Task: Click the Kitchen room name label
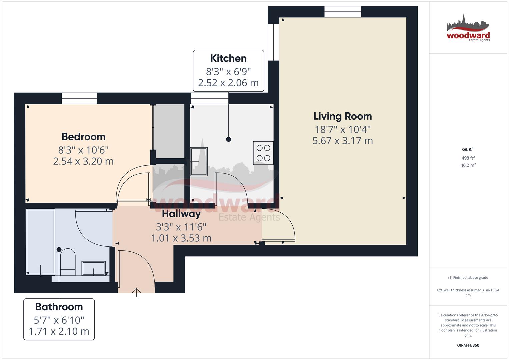[228, 58]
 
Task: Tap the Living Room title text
[343, 116]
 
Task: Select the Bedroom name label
[83, 137]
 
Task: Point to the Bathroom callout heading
[59, 307]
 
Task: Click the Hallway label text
[181, 214]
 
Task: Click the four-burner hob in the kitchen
[263, 153]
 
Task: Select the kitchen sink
[199, 162]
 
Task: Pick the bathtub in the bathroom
[41, 242]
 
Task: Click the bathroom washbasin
[94, 268]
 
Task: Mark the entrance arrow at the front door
[136, 292]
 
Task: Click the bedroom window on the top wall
[79, 98]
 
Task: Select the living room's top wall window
[343, 12]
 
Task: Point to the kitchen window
[210, 98]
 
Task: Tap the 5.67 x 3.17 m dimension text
[343, 141]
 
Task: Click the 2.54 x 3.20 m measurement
[83, 161]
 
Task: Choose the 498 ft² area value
[468, 158]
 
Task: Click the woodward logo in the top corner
[468, 28]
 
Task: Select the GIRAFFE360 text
[468, 345]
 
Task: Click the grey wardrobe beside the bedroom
[169, 131]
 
